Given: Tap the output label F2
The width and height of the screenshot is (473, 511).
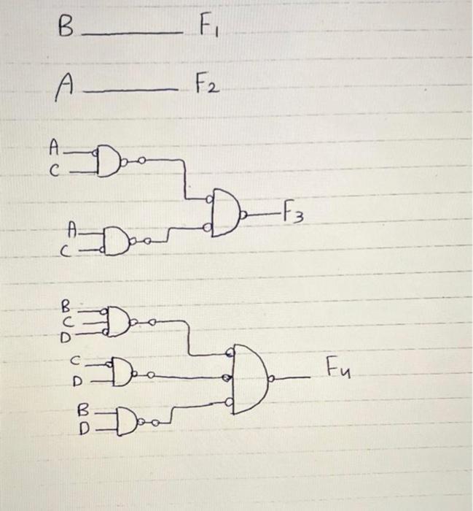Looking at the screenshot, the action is coord(205,89).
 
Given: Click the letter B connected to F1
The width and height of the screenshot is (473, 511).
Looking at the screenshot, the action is coord(66,31).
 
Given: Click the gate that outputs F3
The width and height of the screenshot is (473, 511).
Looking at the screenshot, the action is coord(227,211).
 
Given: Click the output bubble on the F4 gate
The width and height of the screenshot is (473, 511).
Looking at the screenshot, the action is coord(273,380).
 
